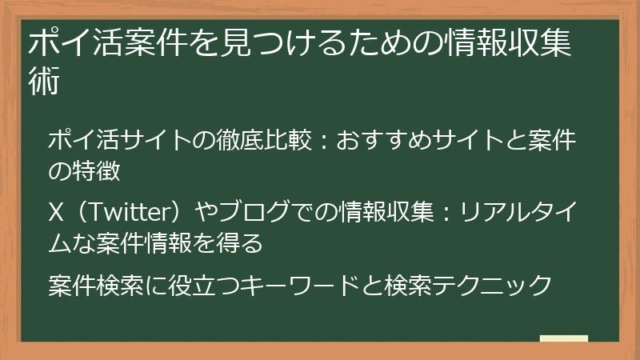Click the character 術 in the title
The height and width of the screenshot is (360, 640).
(45, 82)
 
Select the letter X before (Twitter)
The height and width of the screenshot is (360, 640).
(56, 214)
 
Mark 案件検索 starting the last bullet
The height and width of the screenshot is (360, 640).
(95, 285)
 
